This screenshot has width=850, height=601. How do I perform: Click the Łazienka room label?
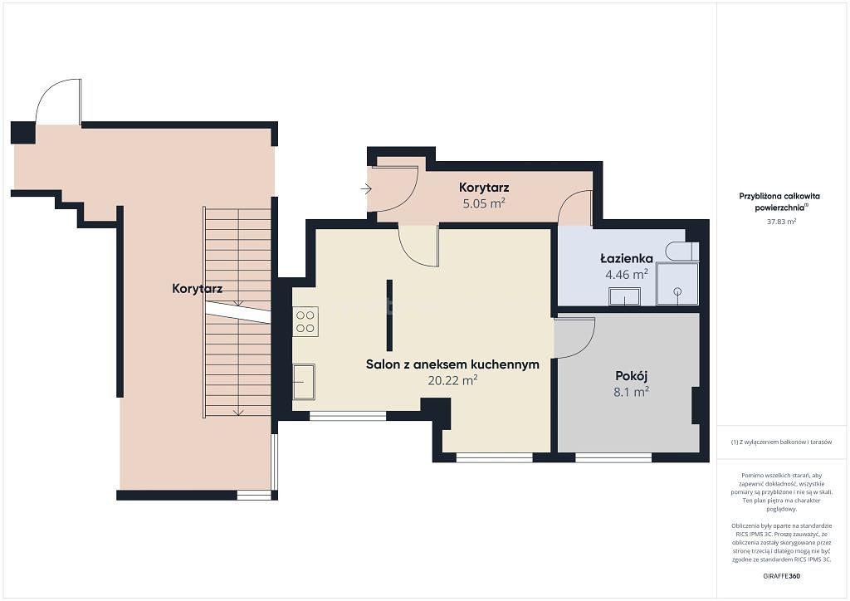pyautogui.click(x=626, y=258)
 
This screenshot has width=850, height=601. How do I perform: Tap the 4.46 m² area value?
pyautogui.click(x=627, y=274)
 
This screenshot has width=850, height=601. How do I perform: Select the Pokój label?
pyautogui.click(x=632, y=375)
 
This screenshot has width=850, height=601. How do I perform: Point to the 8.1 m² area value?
pyautogui.click(x=632, y=391)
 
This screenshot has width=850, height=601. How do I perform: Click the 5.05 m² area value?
pyautogui.click(x=484, y=203)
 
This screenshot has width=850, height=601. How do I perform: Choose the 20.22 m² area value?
pyautogui.click(x=452, y=380)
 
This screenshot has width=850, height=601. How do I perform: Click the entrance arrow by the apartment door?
pyautogui.click(x=366, y=189)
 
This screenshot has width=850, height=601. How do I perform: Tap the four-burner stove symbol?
pyautogui.click(x=305, y=320)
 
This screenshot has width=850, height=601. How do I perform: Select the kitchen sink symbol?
pyautogui.click(x=304, y=381)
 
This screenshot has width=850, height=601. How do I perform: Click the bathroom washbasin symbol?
pyautogui.click(x=624, y=296)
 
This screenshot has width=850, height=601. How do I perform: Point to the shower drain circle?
pyautogui.click(x=677, y=291)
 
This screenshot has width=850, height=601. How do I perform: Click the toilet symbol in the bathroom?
pyautogui.click(x=682, y=252)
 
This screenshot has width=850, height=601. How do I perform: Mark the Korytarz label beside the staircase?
pyautogui.click(x=198, y=288)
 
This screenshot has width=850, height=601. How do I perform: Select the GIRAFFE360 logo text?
pyautogui.click(x=781, y=575)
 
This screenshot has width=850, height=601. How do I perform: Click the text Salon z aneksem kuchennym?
pyautogui.click(x=452, y=364)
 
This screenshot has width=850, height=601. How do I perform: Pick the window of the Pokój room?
pyautogui.click(x=613, y=458)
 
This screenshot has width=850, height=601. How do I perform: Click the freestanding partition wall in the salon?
pyautogui.click(x=389, y=315)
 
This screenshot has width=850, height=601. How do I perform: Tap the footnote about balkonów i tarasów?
pyautogui.click(x=780, y=442)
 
